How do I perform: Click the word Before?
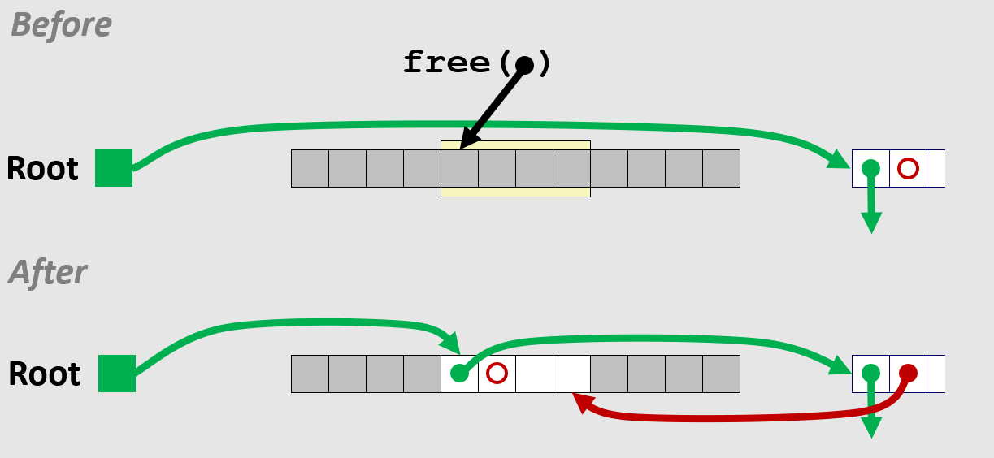click(61, 24)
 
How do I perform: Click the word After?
click(47, 272)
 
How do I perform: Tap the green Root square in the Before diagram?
click(114, 168)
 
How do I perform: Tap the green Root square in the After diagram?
click(117, 374)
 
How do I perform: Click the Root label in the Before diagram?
click(42, 168)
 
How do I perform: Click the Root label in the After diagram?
click(45, 374)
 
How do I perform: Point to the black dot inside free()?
click(524, 65)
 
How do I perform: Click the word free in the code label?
click(446, 63)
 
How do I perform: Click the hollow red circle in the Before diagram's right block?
click(908, 168)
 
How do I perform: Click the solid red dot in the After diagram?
click(908, 374)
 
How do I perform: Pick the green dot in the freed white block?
click(459, 374)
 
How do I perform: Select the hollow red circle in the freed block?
click(497, 374)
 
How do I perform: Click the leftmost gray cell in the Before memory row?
click(310, 168)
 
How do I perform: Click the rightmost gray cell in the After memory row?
click(721, 374)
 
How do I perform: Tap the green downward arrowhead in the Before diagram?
click(871, 223)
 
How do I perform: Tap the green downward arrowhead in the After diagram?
click(871, 427)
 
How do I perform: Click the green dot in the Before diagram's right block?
click(870, 168)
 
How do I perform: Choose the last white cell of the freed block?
click(571, 374)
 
